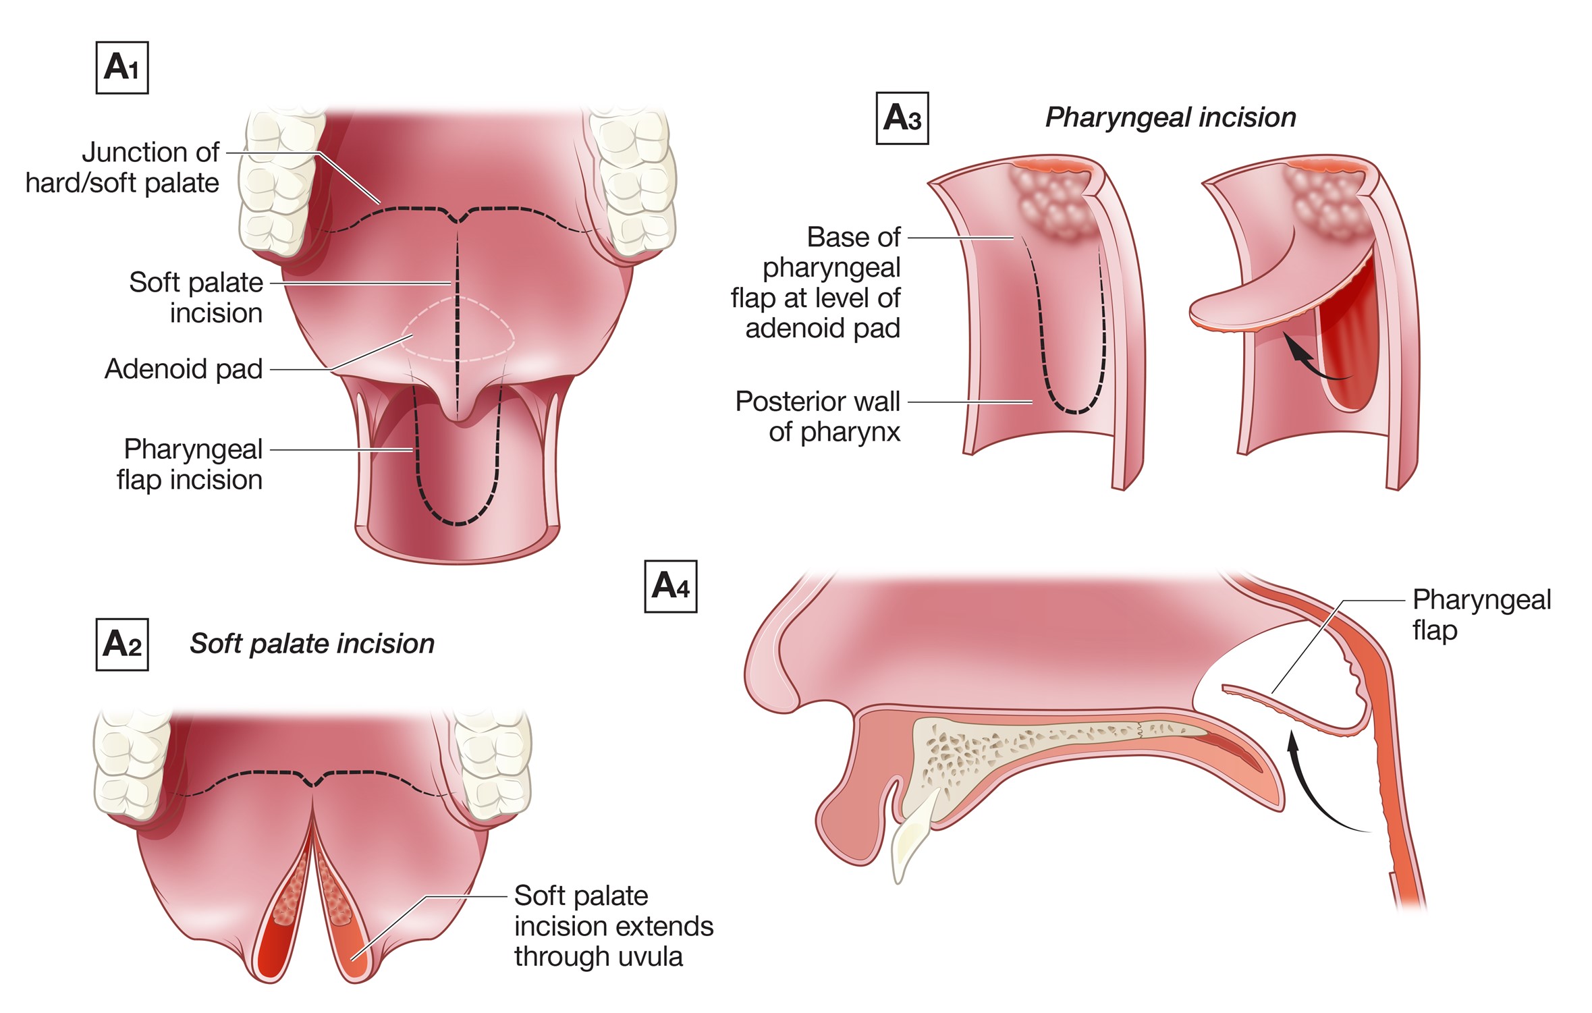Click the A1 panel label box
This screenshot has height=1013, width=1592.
(x=122, y=68)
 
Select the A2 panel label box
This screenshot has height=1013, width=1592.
(x=122, y=645)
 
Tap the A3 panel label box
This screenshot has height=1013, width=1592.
(x=902, y=118)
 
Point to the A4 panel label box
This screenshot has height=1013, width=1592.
(x=670, y=586)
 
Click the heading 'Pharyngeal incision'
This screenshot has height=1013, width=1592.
(x=1170, y=117)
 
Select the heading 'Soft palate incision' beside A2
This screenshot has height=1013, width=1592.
(x=312, y=644)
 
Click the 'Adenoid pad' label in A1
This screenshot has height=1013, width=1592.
(x=184, y=369)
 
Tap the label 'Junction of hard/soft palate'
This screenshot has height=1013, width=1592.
(x=123, y=167)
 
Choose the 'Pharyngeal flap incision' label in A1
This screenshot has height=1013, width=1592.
(x=190, y=464)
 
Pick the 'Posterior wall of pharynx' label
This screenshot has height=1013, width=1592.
(x=818, y=416)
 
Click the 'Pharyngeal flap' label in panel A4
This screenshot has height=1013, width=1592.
(x=1481, y=615)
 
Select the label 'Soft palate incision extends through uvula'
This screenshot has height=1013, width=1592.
(x=613, y=926)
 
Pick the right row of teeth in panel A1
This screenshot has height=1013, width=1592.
(x=634, y=182)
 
